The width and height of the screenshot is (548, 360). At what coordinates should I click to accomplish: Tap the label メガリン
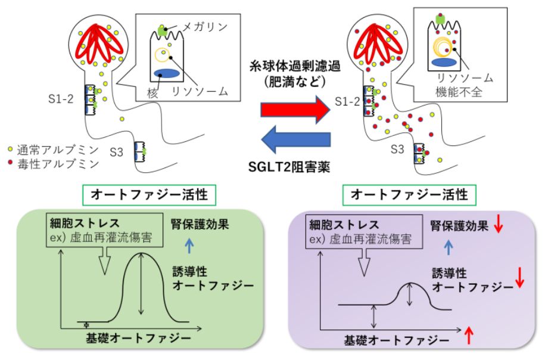point(205,27)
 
